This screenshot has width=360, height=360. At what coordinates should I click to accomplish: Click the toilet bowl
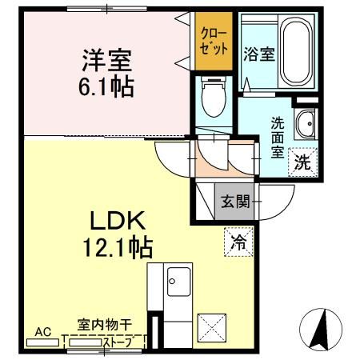[x=214, y=98]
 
